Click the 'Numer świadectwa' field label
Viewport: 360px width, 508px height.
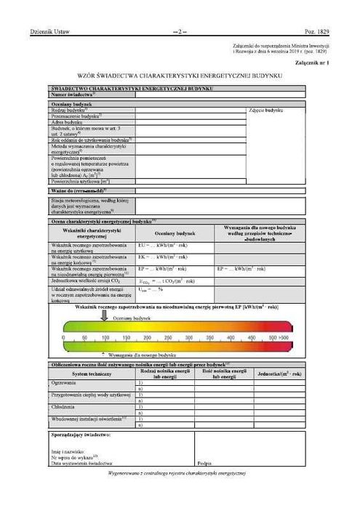coord(73,95)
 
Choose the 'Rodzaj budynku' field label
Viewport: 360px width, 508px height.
coord(71,110)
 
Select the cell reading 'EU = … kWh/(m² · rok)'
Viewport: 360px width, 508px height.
coord(164,247)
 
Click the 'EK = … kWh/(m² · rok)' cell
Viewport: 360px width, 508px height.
coord(164,258)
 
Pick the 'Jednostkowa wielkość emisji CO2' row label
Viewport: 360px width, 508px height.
coord(89,280)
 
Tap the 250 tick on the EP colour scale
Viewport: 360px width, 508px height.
coord(169,338)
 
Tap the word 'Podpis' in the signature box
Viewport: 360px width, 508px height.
coord(204,462)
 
